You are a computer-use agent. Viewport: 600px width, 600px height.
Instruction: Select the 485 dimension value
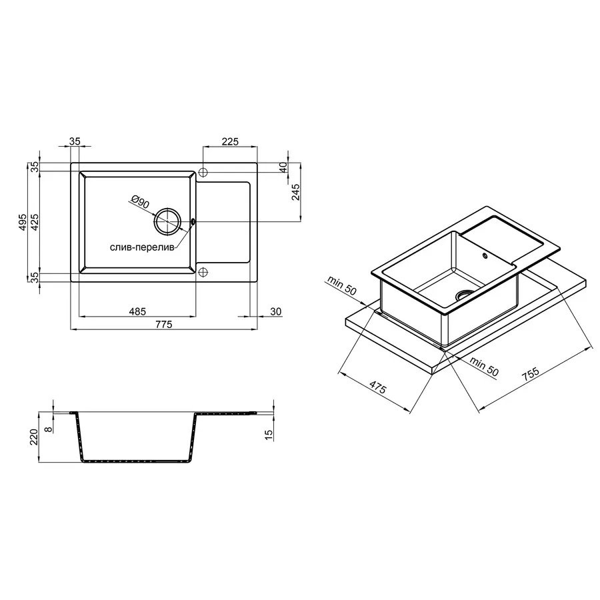point(137,311)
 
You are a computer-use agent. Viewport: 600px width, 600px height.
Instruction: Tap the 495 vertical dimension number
point(23,223)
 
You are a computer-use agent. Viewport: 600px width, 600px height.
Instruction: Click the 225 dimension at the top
point(230,141)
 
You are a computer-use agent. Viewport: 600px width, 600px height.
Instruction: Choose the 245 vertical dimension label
point(297,192)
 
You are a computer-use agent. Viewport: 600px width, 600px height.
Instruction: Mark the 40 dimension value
point(283,167)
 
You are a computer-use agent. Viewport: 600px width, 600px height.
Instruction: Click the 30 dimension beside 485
point(276,311)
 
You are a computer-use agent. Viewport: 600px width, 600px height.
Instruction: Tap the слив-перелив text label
point(142,247)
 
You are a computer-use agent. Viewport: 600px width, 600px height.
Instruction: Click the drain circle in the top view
point(167,221)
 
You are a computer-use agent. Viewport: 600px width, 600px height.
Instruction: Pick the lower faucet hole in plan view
point(204,272)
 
